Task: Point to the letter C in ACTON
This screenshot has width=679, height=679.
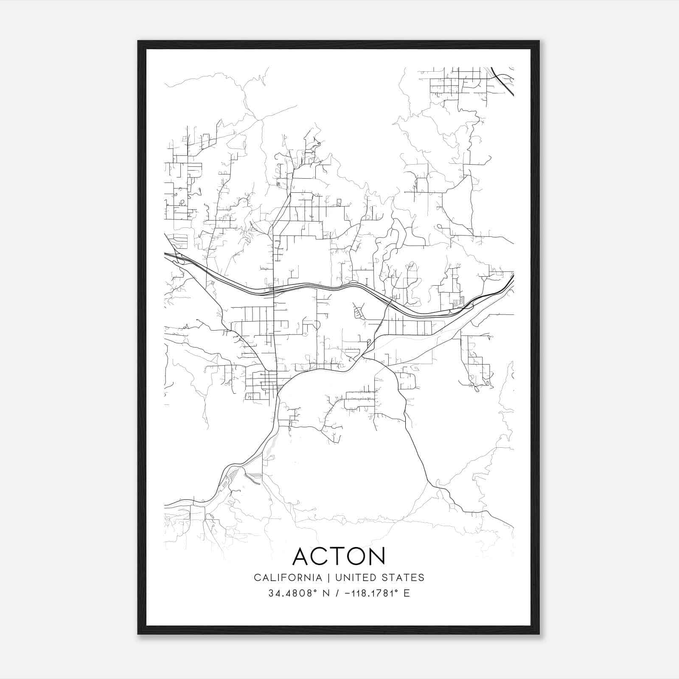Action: coord(321,556)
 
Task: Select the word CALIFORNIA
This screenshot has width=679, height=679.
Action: coord(288,578)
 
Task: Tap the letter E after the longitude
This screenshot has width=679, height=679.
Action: coord(407,593)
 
